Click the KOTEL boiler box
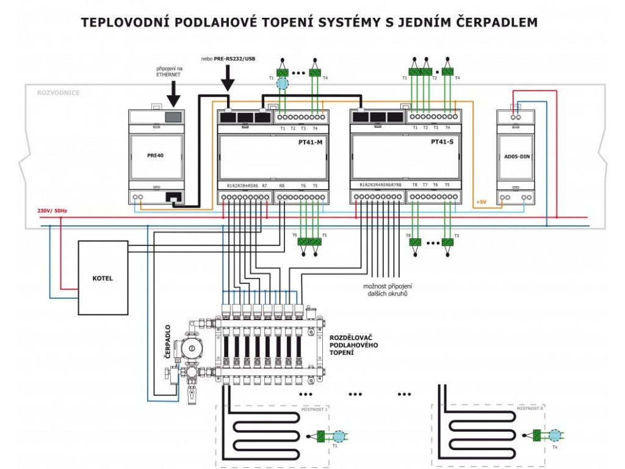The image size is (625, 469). coord(103,278)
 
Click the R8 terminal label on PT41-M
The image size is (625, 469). coord(281,185)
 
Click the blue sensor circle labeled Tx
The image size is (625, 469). coord(554,435)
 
